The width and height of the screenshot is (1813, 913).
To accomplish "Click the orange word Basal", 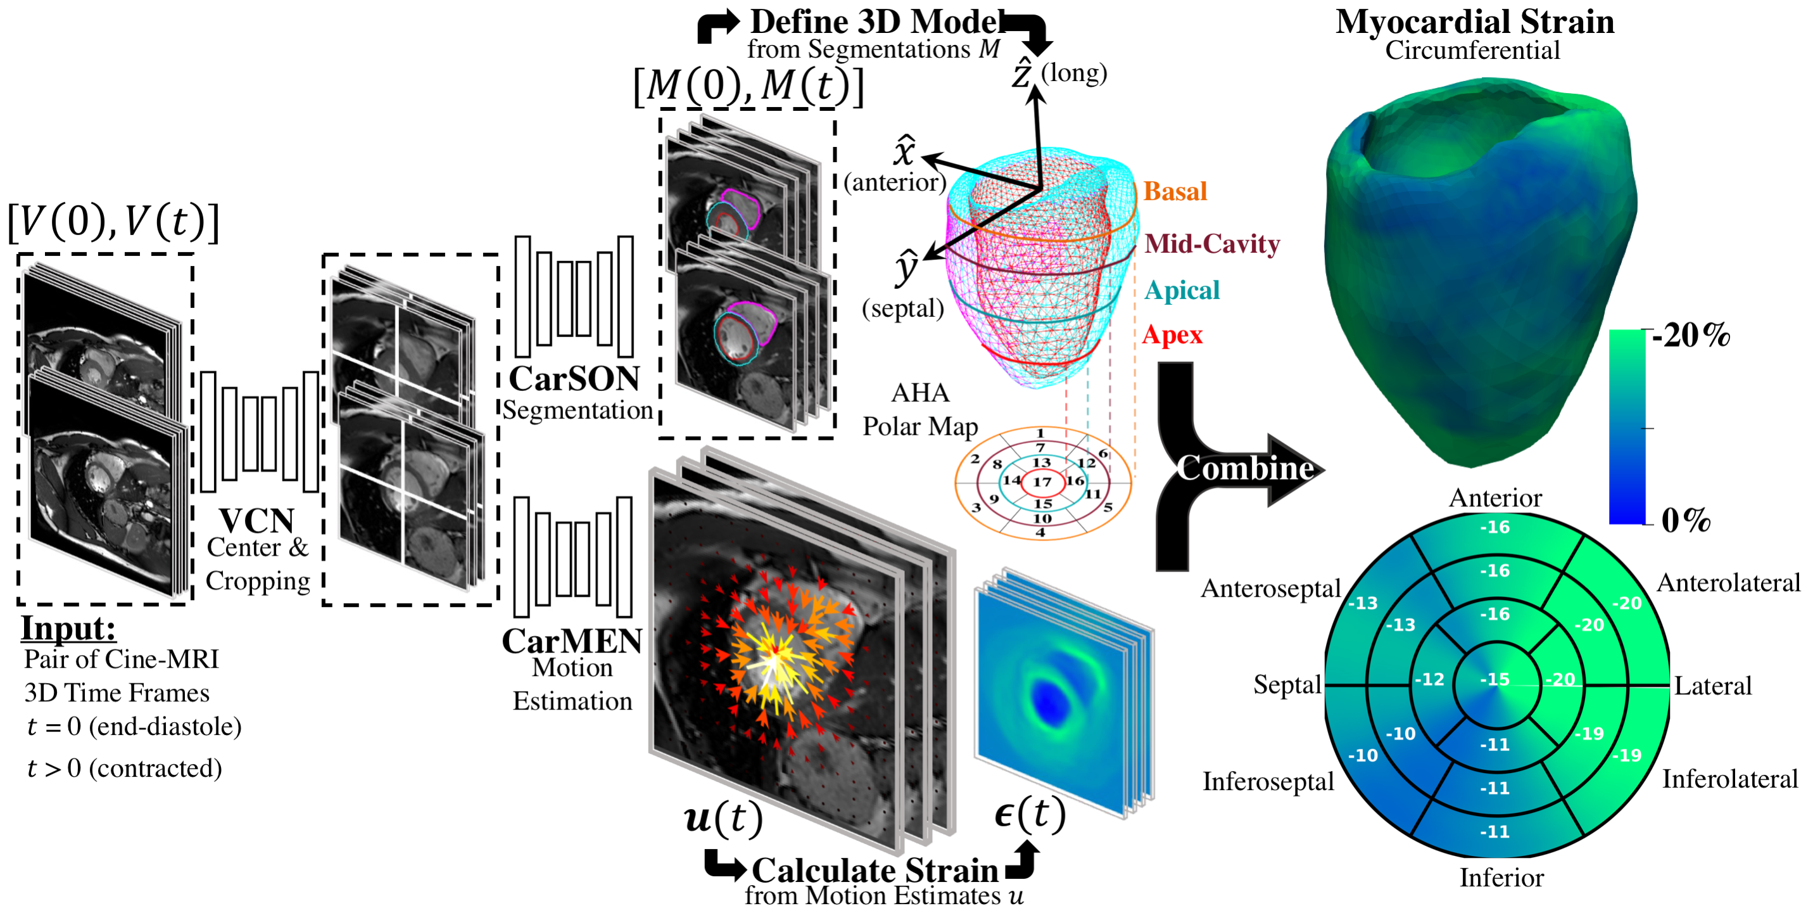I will (1174, 191).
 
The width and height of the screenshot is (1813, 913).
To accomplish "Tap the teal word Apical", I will (1181, 290).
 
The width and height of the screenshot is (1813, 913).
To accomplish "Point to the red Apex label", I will (1172, 335).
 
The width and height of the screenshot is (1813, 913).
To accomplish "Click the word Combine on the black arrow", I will (1244, 468).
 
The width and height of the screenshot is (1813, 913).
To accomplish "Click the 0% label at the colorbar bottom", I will (1686, 520).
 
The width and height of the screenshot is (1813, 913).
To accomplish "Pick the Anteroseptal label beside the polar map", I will (1270, 588).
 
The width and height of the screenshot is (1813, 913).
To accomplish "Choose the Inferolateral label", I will (1729, 779).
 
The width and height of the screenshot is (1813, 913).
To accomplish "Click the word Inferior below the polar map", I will (1501, 877).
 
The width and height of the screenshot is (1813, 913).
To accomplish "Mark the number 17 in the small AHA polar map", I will (1042, 482).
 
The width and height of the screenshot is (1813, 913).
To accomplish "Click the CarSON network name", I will (574, 379).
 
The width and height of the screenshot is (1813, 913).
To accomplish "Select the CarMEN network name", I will (571, 641).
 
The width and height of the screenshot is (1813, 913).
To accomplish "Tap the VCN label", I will (256, 521).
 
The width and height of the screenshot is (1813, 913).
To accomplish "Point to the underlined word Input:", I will (68, 628).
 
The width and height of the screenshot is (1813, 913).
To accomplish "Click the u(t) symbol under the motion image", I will (723, 818).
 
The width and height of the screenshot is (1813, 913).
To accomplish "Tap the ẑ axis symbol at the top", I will (1022, 73).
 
